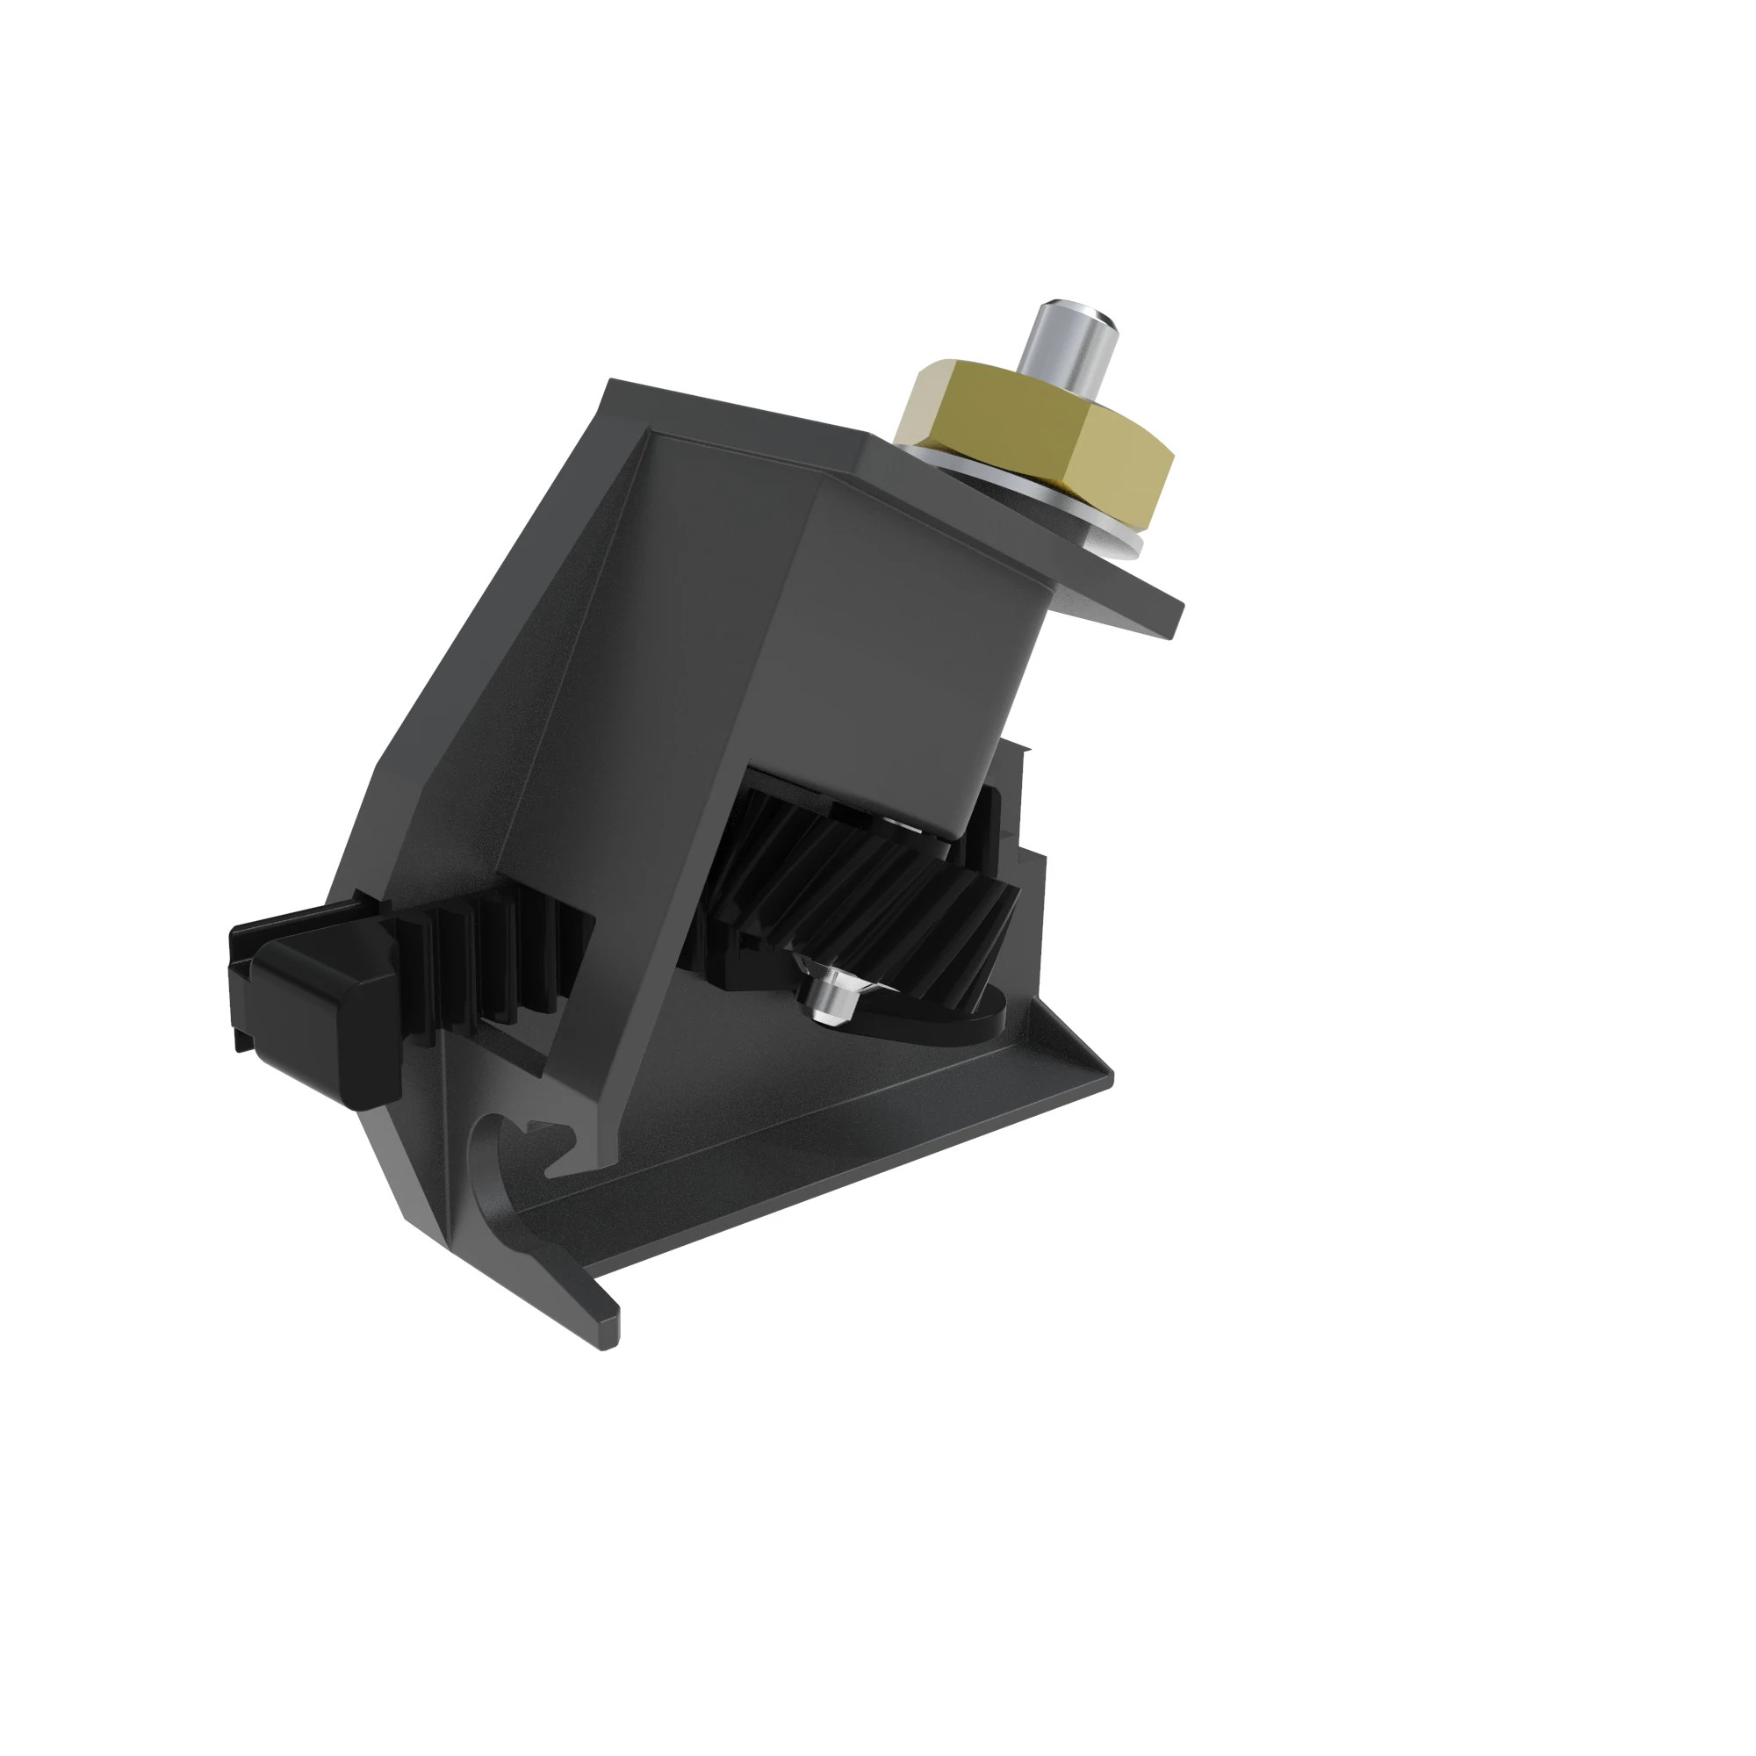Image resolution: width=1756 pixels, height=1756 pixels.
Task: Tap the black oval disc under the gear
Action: (936, 1027)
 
